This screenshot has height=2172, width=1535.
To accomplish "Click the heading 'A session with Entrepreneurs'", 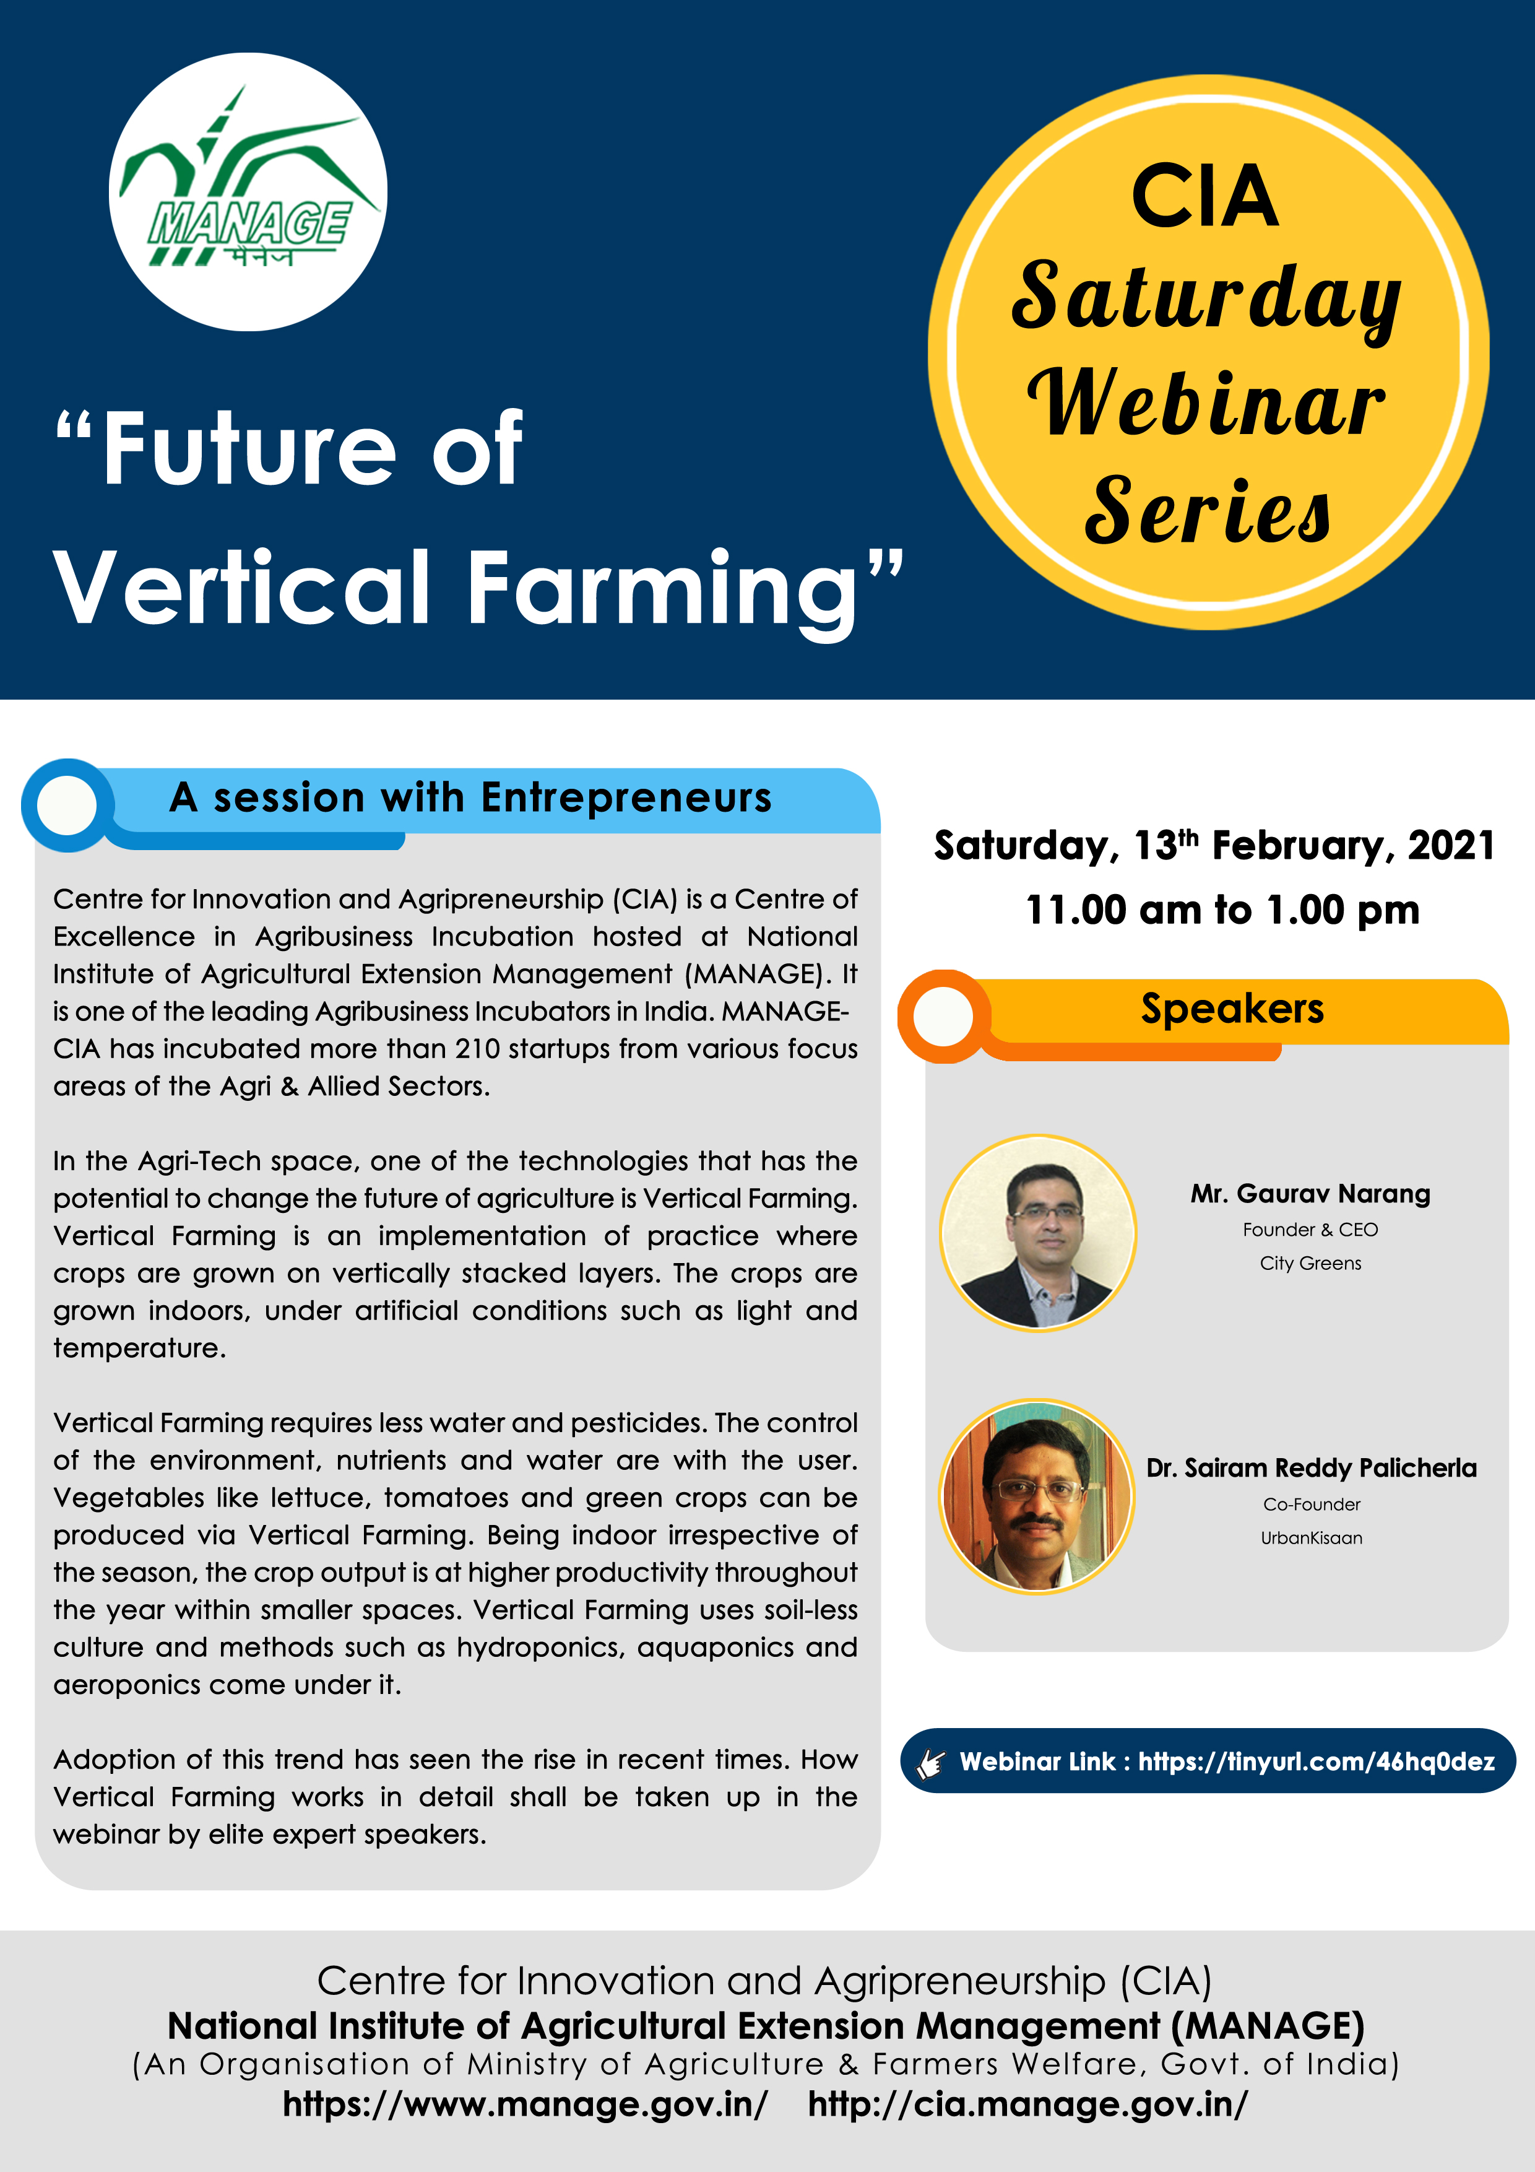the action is coord(470,797).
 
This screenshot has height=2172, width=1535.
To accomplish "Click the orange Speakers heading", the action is coord(1232,1009).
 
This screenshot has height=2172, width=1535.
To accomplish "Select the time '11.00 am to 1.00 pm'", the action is coord(1223,910).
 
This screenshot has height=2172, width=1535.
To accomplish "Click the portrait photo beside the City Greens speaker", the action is coord(1037,1233).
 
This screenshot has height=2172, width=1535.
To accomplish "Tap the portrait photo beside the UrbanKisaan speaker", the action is coord(1037,1496).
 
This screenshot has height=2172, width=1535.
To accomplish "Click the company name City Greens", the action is coord(1310,1263).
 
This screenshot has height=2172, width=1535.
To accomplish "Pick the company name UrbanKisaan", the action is coord(1311,1537).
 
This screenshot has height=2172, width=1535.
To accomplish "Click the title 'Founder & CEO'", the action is coord(1310,1229).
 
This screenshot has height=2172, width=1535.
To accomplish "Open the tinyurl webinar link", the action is coord(1317,1761).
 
